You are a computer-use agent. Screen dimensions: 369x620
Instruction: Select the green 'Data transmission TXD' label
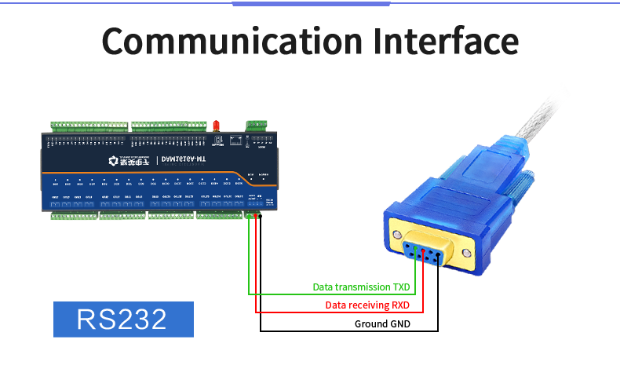coord(361,287)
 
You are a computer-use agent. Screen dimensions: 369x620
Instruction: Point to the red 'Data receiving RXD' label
coord(367,305)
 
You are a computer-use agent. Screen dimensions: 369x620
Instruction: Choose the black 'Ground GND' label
coord(382,323)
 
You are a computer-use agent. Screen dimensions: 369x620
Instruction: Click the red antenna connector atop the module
coord(214,126)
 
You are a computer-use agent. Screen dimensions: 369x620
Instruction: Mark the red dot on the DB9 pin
coord(423,251)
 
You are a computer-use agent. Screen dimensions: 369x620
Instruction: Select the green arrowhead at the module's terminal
coord(248,217)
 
